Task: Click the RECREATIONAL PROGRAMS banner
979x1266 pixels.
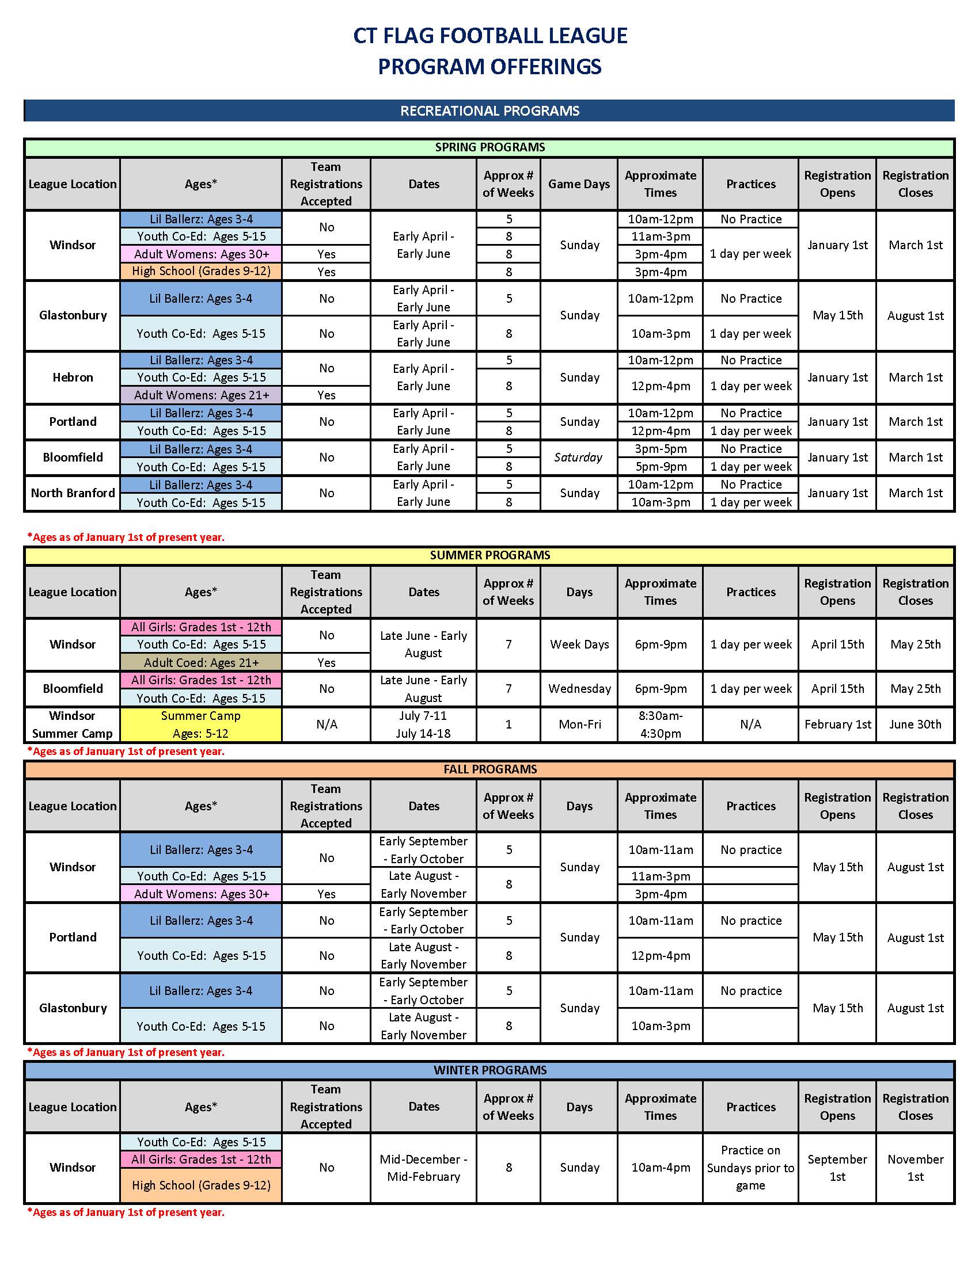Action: click(x=489, y=110)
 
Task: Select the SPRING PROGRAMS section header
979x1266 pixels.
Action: click(x=489, y=147)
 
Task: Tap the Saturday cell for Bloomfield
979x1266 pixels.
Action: click(x=578, y=457)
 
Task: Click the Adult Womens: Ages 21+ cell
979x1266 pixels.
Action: click(x=200, y=395)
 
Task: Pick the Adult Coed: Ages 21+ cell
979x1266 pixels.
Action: click(x=200, y=662)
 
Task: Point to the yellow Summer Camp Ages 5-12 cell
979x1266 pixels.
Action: click(x=200, y=724)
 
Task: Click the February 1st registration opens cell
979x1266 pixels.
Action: click(x=837, y=724)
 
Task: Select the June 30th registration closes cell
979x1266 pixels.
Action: click(x=915, y=724)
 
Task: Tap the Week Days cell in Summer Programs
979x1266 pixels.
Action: click(x=579, y=645)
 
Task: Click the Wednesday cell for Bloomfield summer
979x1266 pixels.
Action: click(x=579, y=689)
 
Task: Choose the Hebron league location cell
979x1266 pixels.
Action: click(x=73, y=377)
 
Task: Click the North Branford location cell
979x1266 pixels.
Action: click(x=73, y=493)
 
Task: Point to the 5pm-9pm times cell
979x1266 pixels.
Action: click(x=660, y=467)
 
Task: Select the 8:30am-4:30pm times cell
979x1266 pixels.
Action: click(x=660, y=724)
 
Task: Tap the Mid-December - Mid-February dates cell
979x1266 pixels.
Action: click(x=423, y=1168)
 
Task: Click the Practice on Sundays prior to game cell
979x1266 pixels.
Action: click(x=750, y=1168)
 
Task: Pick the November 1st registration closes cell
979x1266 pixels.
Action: click(x=915, y=1168)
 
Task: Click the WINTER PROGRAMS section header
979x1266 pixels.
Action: click(x=489, y=1070)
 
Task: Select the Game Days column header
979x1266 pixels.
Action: click(x=579, y=184)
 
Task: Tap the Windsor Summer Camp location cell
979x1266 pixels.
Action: click(x=73, y=724)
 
